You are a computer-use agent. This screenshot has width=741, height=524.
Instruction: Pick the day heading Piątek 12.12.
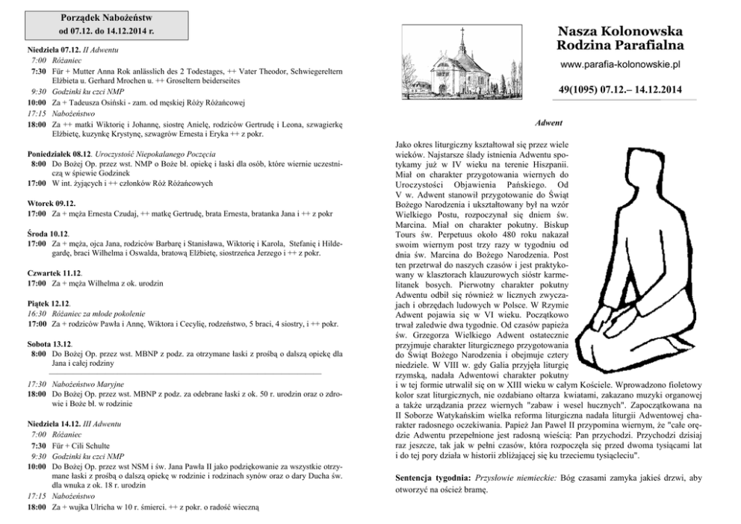pos(49,304)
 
